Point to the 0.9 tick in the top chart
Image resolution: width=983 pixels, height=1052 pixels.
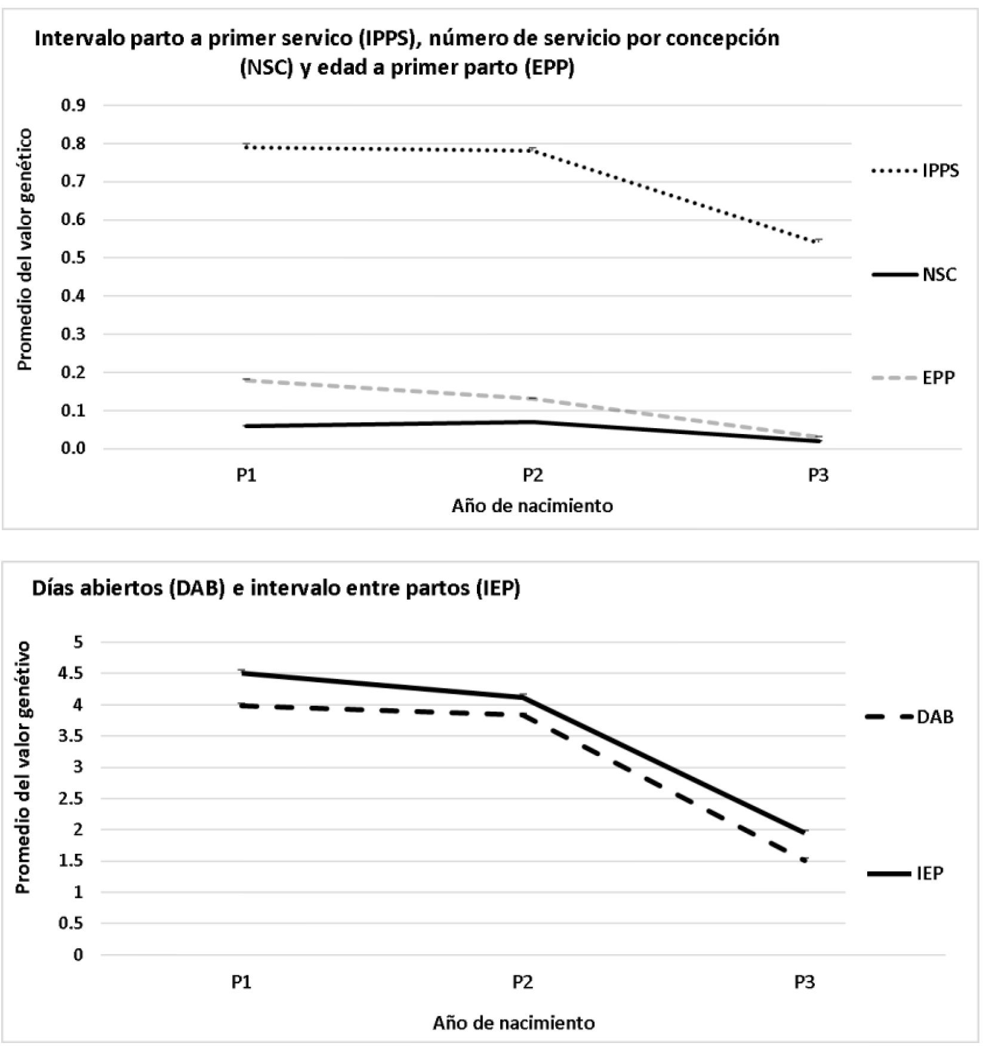point(73,106)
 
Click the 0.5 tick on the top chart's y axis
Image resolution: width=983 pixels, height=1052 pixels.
point(73,258)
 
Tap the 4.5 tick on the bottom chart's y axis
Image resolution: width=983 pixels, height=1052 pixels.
point(76,673)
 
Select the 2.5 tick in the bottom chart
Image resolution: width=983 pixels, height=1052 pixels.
point(76,799)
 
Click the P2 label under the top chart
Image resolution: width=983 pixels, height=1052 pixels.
point(532,475)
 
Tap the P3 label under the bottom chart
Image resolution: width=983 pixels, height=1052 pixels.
point(804,982)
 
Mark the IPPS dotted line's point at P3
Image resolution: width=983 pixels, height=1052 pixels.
point(818,241)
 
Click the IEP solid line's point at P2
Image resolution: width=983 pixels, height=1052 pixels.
point(523,697)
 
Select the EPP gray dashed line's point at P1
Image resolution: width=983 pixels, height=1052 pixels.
point(246,380)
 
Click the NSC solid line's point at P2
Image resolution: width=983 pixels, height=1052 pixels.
point(532,422)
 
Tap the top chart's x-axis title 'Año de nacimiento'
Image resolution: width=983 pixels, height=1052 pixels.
point(532,506)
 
